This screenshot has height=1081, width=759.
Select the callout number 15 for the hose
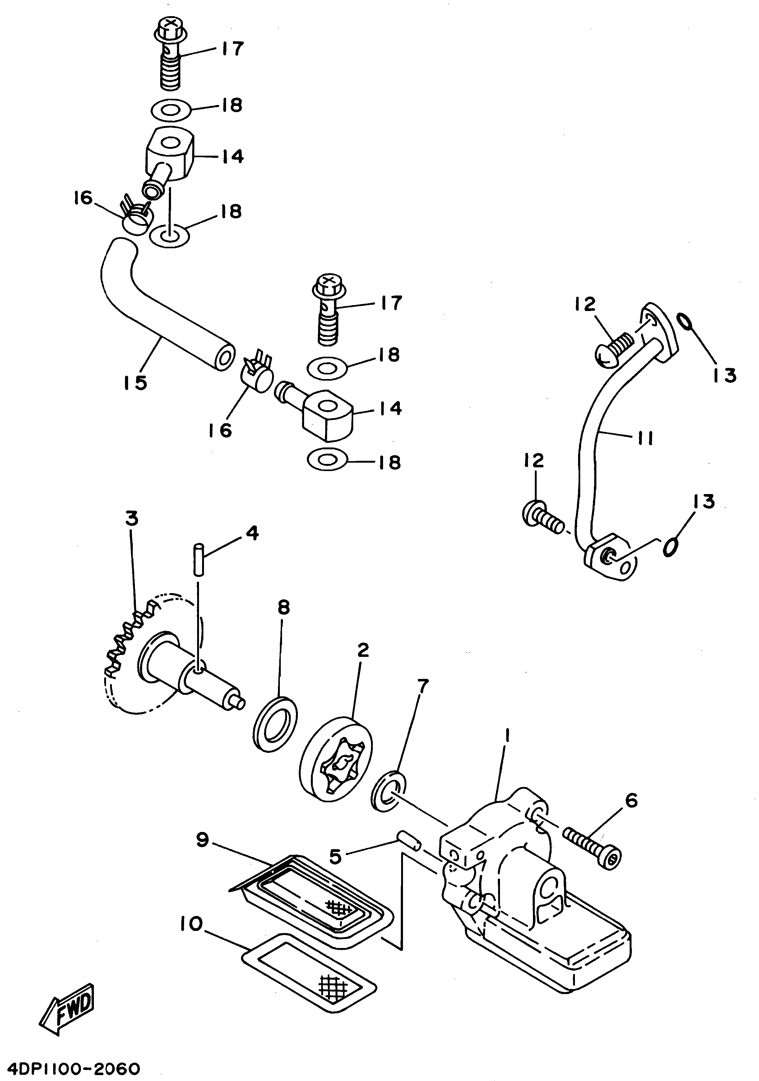click(135, 382)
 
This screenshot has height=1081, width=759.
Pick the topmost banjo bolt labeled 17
click(171, 57)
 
